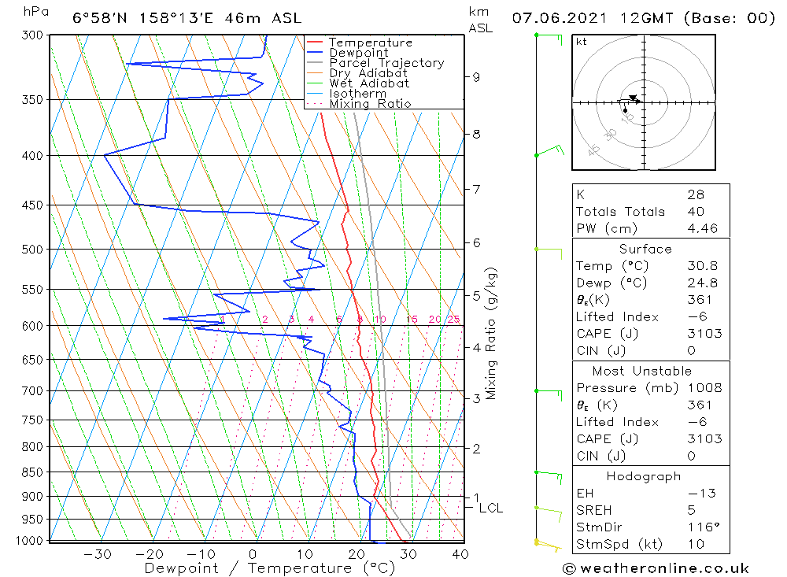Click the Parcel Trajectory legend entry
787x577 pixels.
pos(386,63)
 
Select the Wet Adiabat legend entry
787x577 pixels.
pos(369,83)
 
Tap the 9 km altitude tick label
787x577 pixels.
pos(476,77)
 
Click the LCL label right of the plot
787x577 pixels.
pos(490,509)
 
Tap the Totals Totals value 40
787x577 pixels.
pos(695,212)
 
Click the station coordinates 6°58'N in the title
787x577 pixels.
pos(100,17)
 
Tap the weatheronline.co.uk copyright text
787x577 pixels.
pos(656,568)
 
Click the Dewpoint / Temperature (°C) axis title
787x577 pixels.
pos(269,568)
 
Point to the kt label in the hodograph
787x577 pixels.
pos(581,42)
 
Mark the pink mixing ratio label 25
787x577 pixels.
pos(453,319)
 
